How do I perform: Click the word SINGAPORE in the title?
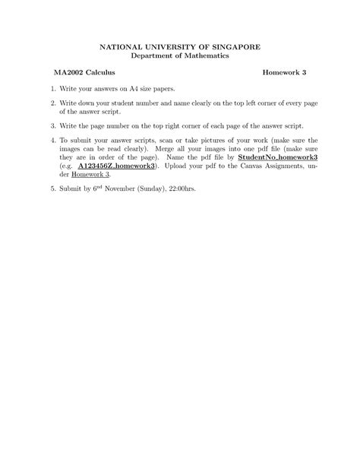pos(236,46)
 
